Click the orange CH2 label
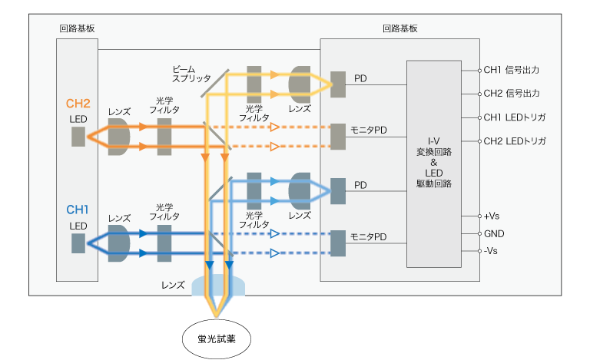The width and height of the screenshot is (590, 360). click(78, 104)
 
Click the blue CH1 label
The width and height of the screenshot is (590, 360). click(78, 210)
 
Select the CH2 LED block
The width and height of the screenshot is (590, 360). click(78, 137)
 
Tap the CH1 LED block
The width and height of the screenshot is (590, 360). click(78, 243)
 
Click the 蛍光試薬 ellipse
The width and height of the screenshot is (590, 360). click(217, 339)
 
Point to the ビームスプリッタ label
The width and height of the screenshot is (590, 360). click(191, 74)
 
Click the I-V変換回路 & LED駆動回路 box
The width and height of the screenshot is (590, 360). click(434, 164)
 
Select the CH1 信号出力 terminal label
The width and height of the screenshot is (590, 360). click(512, 70)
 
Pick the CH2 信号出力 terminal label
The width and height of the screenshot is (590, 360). click(512, 93)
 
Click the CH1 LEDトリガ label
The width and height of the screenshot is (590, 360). click(515, 117)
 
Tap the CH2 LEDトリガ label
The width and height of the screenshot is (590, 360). click(515, 141)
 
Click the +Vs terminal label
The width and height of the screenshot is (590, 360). click(492, 216)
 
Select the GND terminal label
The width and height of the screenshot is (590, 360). click(494, 234)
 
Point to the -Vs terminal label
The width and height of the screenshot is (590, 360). click(491, 251)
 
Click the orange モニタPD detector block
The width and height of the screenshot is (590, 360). click(338, 137)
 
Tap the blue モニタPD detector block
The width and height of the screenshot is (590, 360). click(338, 243)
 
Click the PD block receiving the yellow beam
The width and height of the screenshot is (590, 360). click(338, 84)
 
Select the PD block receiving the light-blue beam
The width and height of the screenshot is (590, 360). click(338, 191)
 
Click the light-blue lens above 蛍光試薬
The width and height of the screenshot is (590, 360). click(218, 286)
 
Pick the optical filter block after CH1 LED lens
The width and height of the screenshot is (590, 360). click(164, 243)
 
